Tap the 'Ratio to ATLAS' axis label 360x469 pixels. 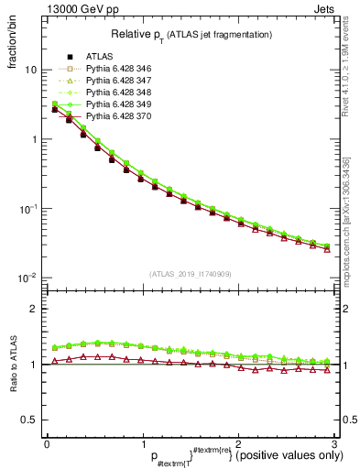14,363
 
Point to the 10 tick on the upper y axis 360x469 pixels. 31,70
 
